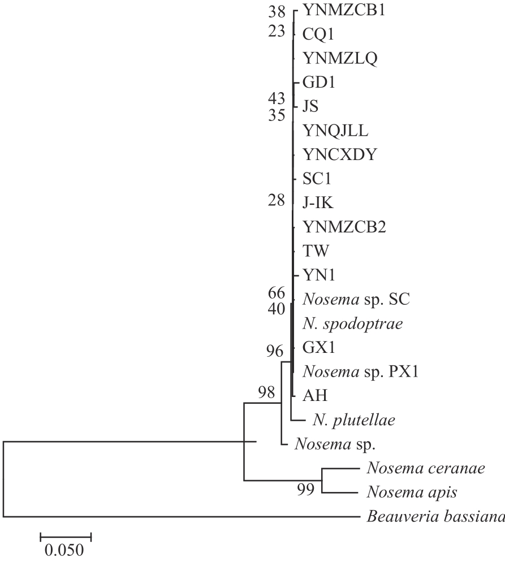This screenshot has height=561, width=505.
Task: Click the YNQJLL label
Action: point(335,131)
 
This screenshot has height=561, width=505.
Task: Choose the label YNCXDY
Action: point(339,154)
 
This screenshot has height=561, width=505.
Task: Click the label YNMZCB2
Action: point(344,227)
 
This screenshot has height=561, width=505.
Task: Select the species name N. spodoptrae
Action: point(348,323)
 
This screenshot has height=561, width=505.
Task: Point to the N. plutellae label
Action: point(353,420)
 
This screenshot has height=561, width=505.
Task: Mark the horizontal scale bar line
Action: point(66,534)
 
